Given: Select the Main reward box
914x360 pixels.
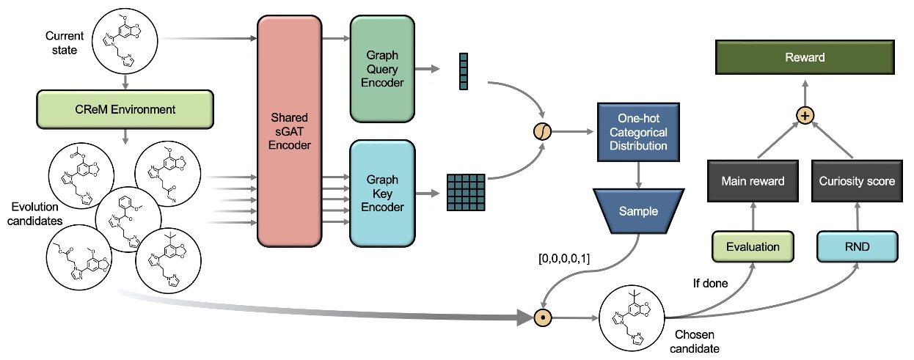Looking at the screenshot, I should (753, 181).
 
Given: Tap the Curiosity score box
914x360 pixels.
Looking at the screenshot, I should (856, 181).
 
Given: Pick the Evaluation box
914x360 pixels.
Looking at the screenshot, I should (753, 246).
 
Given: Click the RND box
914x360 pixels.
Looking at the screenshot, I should (856, 246).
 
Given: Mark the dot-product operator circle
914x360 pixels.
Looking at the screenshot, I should (543, 318).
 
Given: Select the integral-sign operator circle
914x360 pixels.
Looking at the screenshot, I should (543, 133).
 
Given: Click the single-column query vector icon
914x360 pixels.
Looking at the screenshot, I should (463, 71).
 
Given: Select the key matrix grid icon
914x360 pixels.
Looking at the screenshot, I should (466, 193).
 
